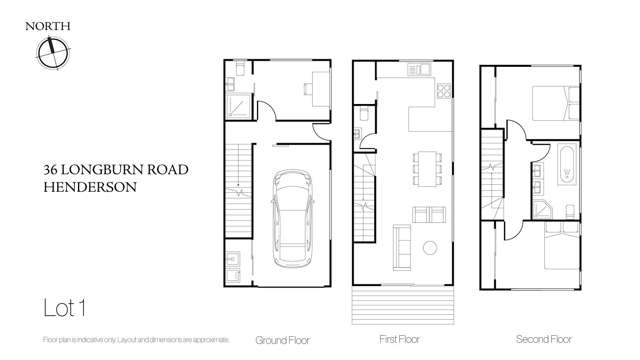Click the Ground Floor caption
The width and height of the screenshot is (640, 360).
click(x=279, y=339)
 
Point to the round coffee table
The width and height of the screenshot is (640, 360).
click(x=430, y=246)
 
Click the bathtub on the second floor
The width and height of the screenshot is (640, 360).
click(x=566, y=165)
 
